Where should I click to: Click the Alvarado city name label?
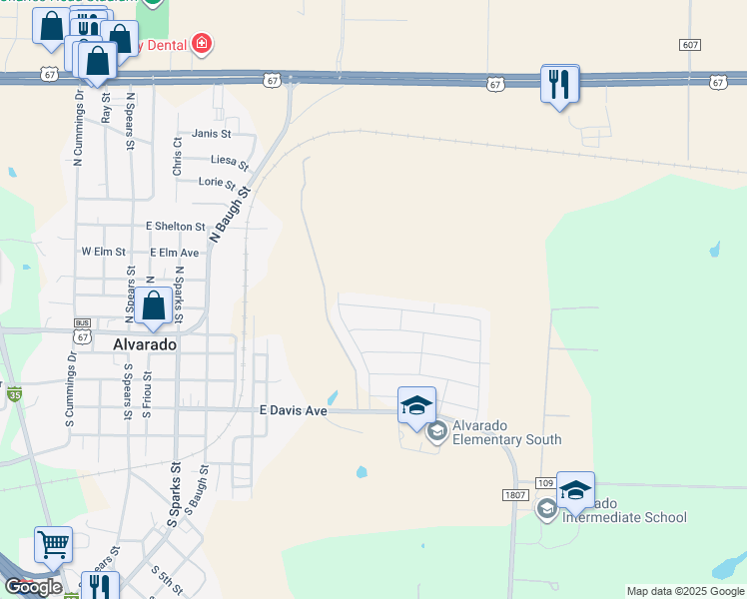[145, 343]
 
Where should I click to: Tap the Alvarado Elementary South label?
[506, 432]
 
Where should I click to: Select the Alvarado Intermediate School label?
[624, 510]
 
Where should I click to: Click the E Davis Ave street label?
[294, 410]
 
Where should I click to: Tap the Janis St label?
[212, 134]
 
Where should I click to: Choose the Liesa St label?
[229, 160]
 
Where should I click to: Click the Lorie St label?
[217, 183]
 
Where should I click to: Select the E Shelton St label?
[175, 228]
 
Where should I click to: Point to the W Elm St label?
[103, 253]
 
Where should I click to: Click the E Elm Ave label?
[175, 253]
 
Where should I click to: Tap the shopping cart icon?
[53, 544]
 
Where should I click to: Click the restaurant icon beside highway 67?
[560, 83]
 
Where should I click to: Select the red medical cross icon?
[203, 43]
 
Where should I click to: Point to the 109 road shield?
[544, 482]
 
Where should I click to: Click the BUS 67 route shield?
[82, 325]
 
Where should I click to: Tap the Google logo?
[33, 587]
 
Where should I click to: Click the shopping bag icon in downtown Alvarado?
[154, 306]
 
